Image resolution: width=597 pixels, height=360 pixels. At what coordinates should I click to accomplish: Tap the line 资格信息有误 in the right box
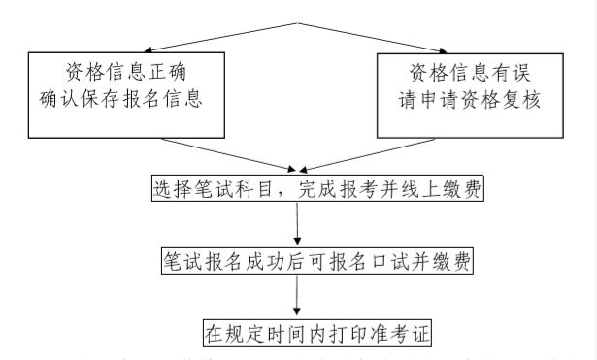(472, 72)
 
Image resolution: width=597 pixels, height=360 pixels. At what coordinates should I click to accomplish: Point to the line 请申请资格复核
(472, 100)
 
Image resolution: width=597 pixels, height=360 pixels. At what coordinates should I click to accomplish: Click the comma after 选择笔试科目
(277, 192)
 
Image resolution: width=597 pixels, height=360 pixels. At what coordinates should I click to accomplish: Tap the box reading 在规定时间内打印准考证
(316, 334)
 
